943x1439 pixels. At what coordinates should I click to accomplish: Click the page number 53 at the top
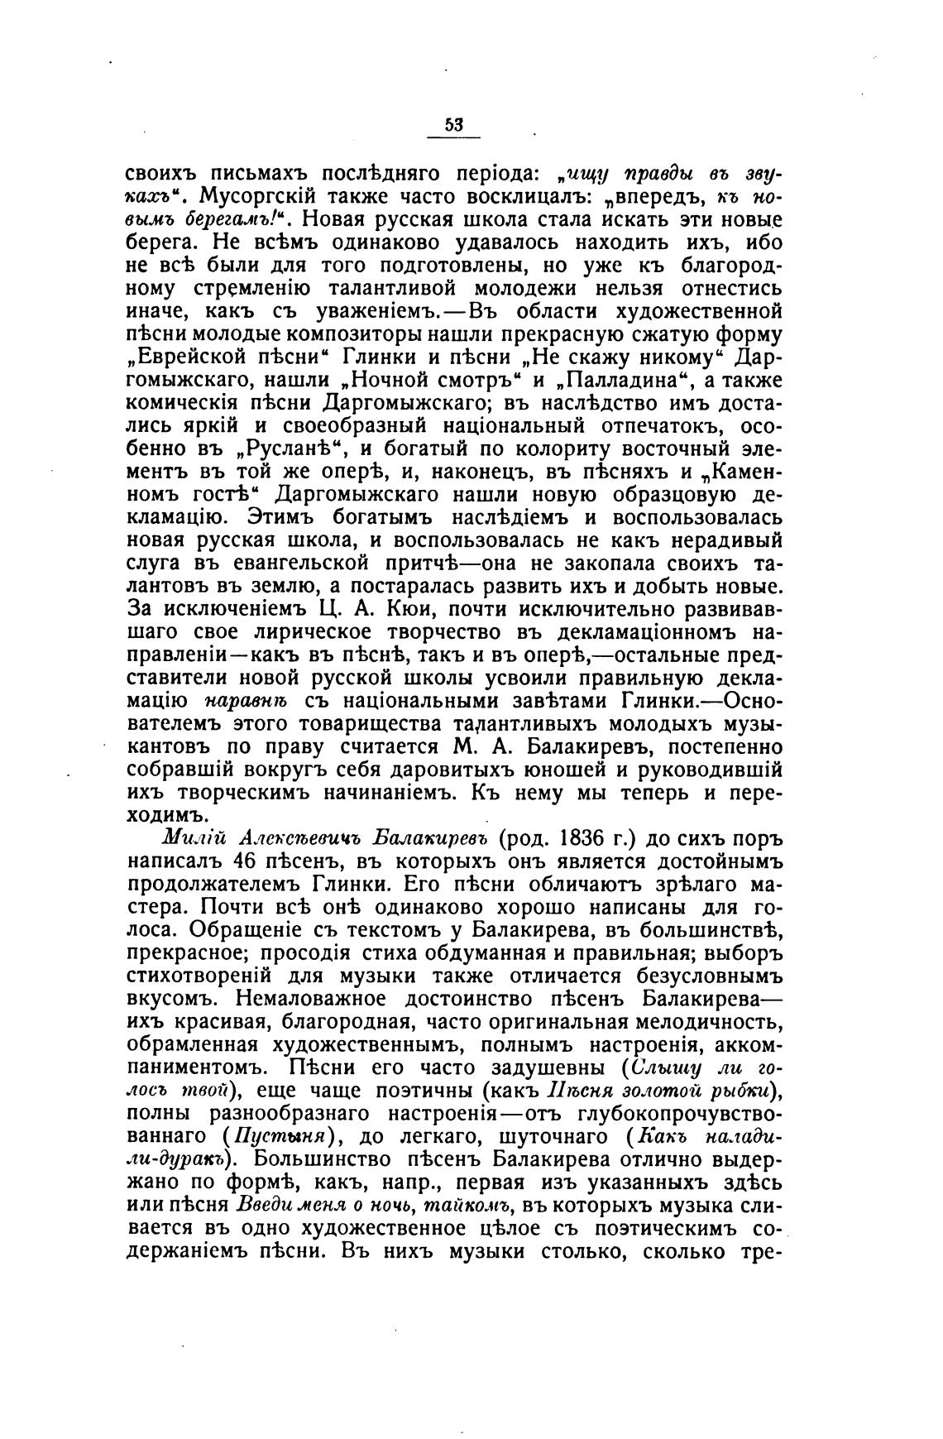coord(453,125)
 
